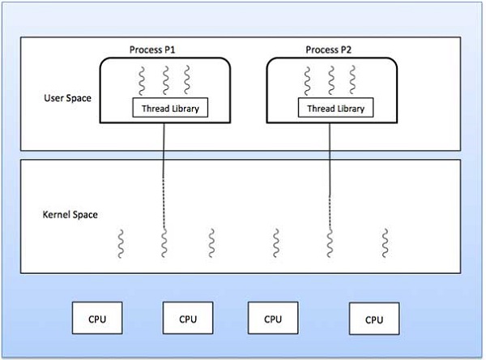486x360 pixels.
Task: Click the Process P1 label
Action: tap(153, 50)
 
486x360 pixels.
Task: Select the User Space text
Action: tap(67, 98)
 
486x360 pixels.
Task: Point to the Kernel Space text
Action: tap(70, 214)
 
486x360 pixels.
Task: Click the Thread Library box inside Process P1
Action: tap(164, 108)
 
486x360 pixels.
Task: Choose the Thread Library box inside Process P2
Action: tap(332, 108)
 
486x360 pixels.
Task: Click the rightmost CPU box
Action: tap(373, 319)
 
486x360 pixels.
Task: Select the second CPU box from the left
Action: tap(188, 319)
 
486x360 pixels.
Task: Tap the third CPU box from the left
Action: tap(272, 319)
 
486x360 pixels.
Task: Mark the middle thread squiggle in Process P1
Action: tap(164, 80)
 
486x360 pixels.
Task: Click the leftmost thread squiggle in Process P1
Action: tap(143, 80)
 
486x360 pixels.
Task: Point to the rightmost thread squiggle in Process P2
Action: tap(352, 80)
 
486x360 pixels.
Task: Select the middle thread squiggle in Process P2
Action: tap(330, 80)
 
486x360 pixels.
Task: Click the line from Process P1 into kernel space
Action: tap(165, 170)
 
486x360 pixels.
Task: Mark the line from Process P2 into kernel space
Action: tap(330, 170)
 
